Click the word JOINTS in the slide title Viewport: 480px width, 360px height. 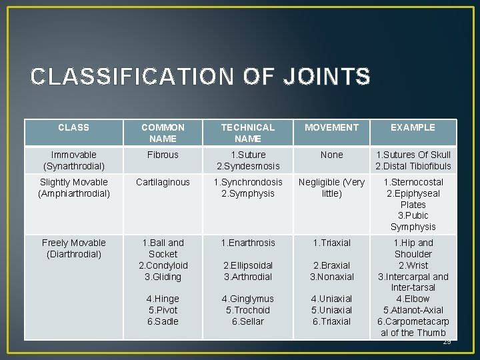[x=326, y=77]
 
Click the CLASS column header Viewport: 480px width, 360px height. [x=73, y=127]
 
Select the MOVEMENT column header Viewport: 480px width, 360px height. [x=331, y=127]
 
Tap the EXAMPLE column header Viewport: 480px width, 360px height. [x=413, y=127]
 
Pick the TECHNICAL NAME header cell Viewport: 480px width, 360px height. [x=247, y=133]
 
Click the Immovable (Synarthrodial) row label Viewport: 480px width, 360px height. [x=73, y=160]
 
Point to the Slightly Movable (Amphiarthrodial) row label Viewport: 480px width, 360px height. [x=73, y=187]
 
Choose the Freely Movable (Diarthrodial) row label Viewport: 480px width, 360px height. [x=73, y=248]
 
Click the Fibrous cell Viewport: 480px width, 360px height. [x=163, y=155]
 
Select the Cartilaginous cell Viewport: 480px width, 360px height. [x=163, y=182]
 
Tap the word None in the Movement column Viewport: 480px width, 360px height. [x=331, y=155]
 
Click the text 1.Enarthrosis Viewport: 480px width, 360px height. [x=247, y=243]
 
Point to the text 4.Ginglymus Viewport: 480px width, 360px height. [x=247, y=299]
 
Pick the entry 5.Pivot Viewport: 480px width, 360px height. [x=163, y=310]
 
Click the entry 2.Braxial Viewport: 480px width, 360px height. [x=331, y=265]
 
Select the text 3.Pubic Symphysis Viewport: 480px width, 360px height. [x=413, y=221]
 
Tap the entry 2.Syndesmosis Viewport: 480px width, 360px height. [x=247, y=166]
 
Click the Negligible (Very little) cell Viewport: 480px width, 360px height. [x=331, y=187]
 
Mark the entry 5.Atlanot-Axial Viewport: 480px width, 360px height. [x=413, y=310]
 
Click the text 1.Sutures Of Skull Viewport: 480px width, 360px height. [x=413, y=155]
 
